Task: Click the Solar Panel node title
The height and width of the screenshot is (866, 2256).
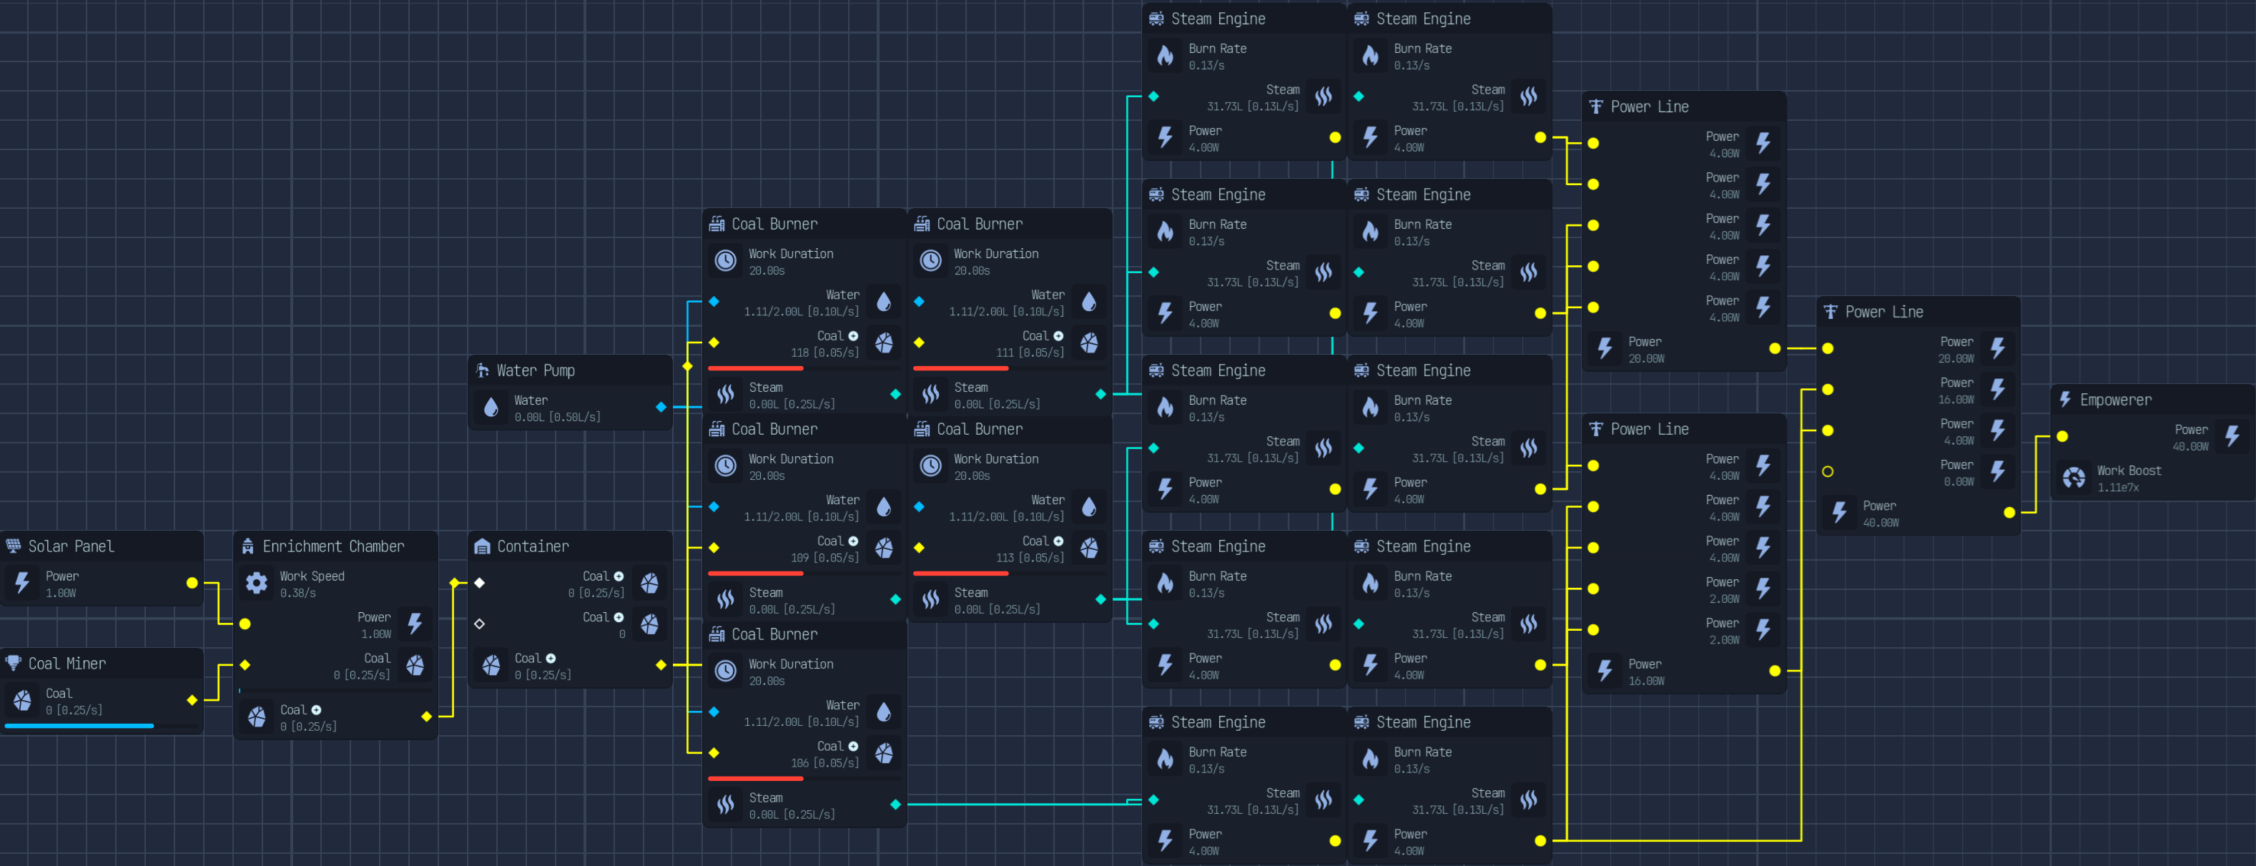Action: pos(71,546)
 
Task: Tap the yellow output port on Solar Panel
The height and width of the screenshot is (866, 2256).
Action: pos(192,583)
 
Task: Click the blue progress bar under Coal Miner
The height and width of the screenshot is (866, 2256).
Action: pos(79,726)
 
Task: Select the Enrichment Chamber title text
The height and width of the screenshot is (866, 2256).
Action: pos(333,546)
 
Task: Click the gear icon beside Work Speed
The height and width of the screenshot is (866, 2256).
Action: pos(257,583)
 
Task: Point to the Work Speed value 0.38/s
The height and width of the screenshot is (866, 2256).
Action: pos(297,594)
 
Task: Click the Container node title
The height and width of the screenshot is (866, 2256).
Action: pos(533,546)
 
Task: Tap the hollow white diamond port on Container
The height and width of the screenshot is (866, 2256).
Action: pos(479,624)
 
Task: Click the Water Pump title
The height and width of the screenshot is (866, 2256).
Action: pos(535,370)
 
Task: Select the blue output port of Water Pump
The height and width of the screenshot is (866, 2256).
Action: pos(661,407)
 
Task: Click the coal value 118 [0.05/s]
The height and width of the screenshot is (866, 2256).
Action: pos(825,353)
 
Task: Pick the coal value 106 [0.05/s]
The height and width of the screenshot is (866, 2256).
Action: pos(825,764)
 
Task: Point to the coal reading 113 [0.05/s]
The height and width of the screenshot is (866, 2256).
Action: pos(1030,558)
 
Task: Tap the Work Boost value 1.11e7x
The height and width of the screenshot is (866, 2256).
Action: pos(2117,488)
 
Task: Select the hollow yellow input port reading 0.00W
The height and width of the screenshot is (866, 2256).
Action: pos(1828,472)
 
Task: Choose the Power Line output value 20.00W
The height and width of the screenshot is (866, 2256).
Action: pos(1647,359)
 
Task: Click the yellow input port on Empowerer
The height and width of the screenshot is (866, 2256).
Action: pos(2062,437)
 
